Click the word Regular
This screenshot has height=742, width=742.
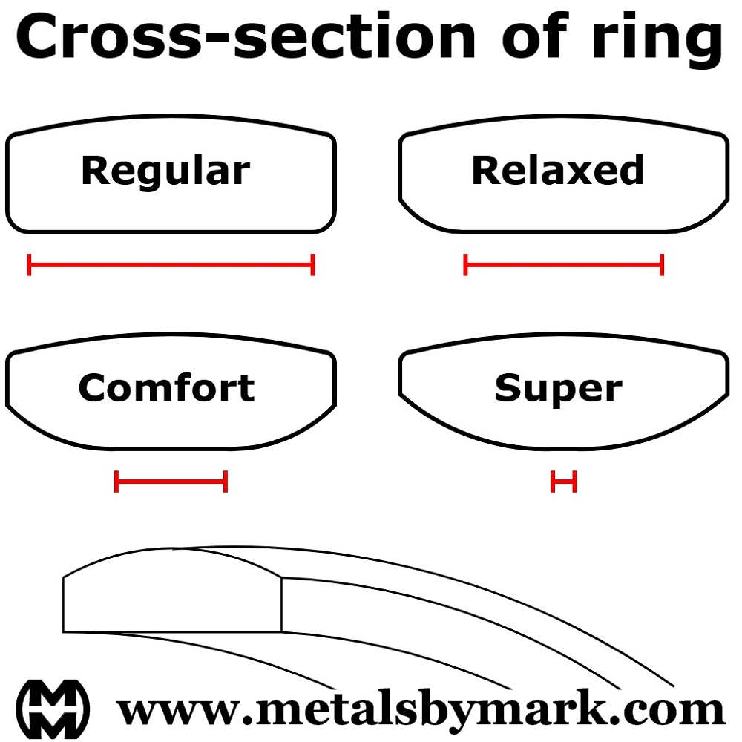165,171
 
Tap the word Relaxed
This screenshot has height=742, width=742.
558,171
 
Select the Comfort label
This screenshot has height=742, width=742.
166,388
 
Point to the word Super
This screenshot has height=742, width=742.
558,388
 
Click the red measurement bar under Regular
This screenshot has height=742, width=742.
171,264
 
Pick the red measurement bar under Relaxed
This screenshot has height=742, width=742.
563,264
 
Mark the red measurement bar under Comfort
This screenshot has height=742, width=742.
171,482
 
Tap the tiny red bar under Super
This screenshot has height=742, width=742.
564,482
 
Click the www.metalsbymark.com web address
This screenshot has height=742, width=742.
421,709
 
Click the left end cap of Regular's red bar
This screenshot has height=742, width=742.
29,264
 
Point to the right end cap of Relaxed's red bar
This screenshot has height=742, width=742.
662,264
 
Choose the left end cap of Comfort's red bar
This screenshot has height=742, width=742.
116,482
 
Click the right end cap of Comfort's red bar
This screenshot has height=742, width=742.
226,482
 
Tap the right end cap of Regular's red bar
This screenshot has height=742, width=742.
313,264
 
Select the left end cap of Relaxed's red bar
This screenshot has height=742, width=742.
465,264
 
